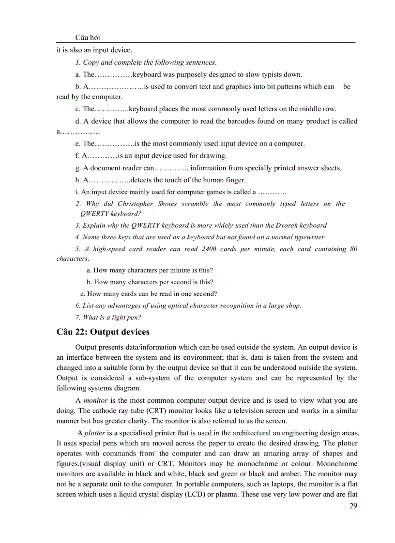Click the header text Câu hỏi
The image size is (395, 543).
(88, 38)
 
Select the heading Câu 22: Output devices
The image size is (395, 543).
(103, 332)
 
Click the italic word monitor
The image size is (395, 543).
(95, 400)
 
